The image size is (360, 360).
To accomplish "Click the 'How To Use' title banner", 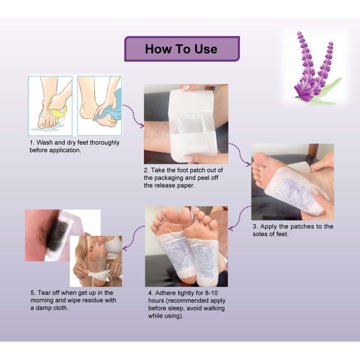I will pos(181,49).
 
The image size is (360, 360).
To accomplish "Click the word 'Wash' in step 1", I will pos(46,143).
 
